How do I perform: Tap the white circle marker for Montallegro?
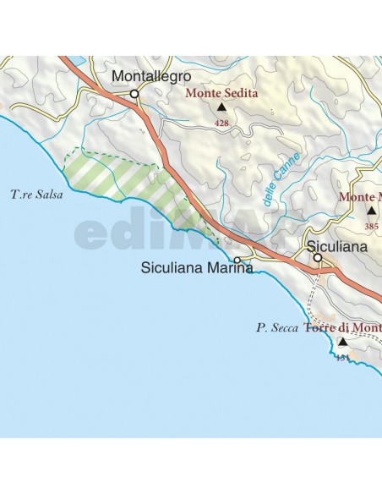(134, 95)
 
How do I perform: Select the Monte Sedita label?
(222, 94)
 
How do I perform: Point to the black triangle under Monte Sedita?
(222, 108)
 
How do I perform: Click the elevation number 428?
(222, 124)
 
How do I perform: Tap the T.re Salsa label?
(37, 194)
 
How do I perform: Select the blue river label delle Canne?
(276, 180)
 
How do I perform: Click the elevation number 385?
(371, 226)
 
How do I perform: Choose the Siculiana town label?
(337, 246)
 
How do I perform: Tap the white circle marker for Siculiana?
(318, 258)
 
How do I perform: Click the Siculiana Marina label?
(197, 269)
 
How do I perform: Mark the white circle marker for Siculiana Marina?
(237, 260)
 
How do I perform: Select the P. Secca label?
(278, 327)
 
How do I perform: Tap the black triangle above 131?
(342, 343)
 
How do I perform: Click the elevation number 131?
(342, 359)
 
